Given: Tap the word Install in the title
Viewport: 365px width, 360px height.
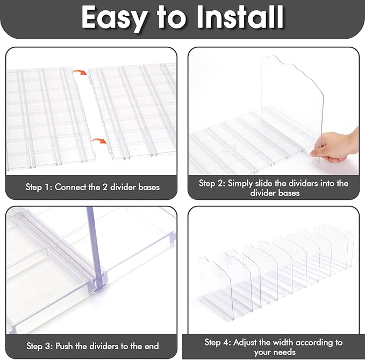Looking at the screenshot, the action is click(x=240, y=17).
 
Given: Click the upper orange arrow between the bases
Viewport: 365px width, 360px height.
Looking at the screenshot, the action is click(x=80, y=73).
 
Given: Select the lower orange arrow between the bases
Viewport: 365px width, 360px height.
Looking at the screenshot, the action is click(x=99, y=141).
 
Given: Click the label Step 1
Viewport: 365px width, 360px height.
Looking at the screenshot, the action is click(x=39, y=187).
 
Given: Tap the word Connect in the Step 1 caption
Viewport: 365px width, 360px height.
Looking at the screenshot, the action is click(x=70, y=187).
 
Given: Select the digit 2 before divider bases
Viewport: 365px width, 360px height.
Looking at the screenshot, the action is click(x=105, y=187).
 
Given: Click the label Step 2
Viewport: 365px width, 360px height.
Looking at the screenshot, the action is click(x=212, y=183).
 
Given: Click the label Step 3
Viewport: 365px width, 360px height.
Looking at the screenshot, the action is click(x=40, y=346).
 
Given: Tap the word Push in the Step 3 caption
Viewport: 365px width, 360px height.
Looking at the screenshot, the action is click(x=65, y=346).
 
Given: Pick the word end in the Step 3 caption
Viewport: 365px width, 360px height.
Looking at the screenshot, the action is click(x=152, y=346).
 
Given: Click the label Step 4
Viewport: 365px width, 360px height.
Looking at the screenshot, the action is click(x=218, y=342).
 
